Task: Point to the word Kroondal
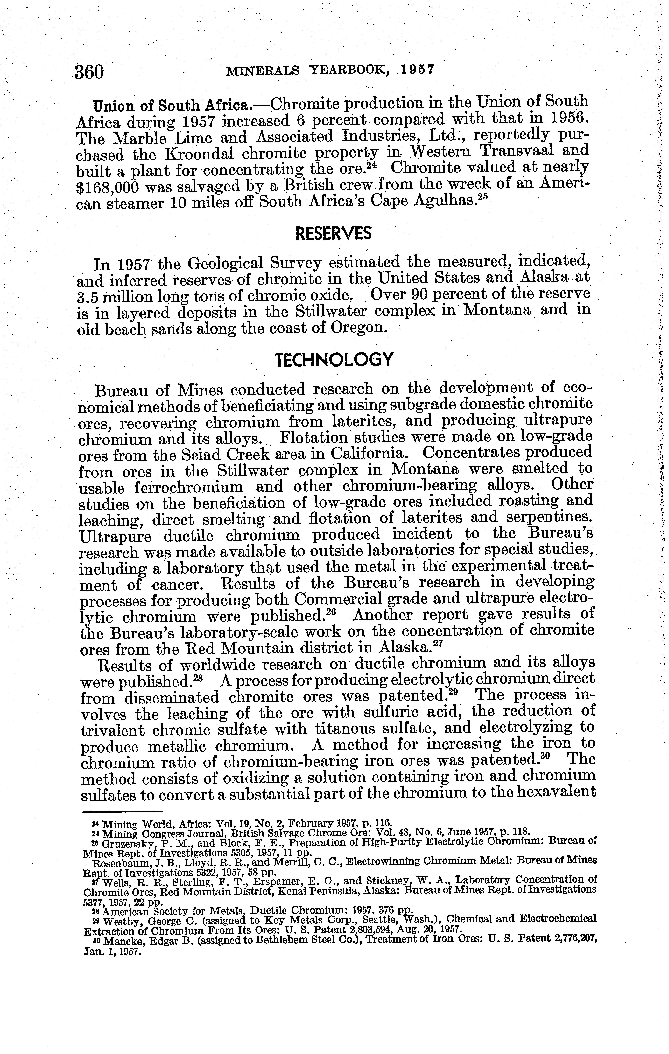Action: (196, 154)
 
